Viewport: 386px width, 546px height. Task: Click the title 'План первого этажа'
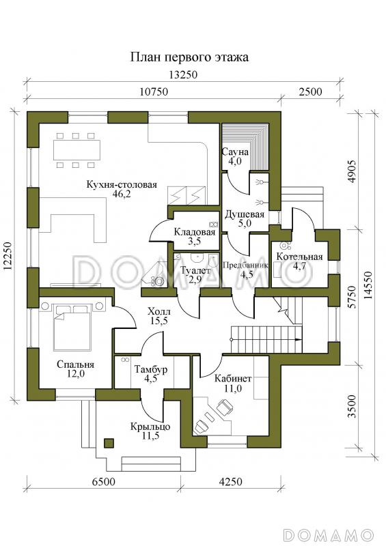point(189,57)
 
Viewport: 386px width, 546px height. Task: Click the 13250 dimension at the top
point(183,75)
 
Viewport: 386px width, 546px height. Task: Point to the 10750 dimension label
point(154,91)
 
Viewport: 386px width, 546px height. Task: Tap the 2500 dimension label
point(310,91)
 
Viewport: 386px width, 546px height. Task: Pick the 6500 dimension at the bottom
point(104,482)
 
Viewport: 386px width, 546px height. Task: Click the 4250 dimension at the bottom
point(230,482)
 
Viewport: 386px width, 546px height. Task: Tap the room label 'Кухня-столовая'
point(122,184)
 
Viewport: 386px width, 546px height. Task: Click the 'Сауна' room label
point(235,152)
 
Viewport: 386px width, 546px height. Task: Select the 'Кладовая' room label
point(195,232)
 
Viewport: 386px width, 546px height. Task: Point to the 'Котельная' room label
point(299,257)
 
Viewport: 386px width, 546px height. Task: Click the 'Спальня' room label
point(75,365)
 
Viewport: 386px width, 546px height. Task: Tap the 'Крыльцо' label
point(150,427)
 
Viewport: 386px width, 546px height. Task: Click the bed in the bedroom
point(72,327)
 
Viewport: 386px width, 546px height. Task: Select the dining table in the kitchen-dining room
point(77,150)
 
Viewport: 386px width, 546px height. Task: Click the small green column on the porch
point(109,443)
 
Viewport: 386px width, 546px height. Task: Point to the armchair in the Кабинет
point(224,405)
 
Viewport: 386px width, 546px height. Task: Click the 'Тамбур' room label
point(151,369)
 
